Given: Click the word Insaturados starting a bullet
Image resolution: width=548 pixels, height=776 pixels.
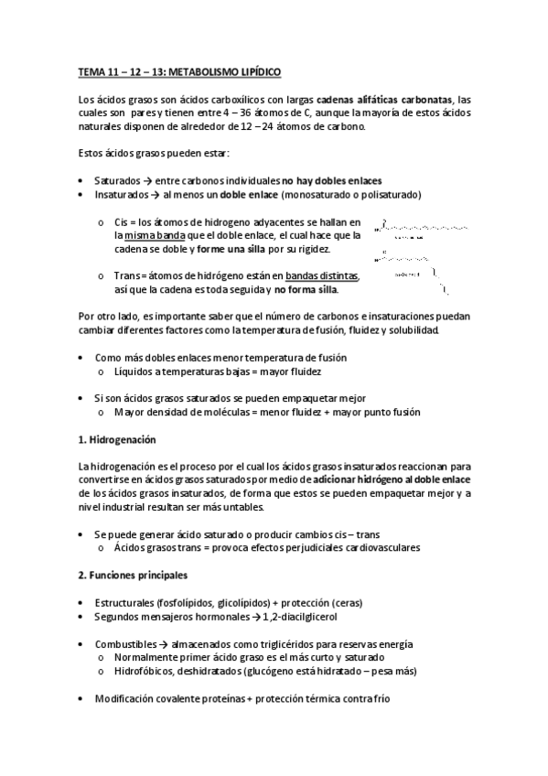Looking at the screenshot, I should point(122,194).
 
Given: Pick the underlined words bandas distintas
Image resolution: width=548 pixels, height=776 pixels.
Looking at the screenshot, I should point(322,275).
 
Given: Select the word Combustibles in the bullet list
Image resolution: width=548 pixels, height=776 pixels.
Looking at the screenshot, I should point(126,643).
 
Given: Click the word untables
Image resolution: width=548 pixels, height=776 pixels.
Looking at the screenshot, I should point(231,507).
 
